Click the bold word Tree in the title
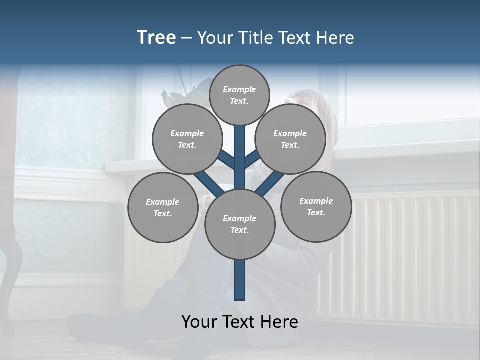click(156, 38)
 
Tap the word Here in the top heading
click(335, 38)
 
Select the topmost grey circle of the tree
click(239, 95)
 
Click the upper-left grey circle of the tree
click(187, 139)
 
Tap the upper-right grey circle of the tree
click(290, 139)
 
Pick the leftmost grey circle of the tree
click(162, 207)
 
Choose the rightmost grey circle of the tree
click(316, 206)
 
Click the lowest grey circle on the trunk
click(240, 224)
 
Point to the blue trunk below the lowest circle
click(240, 280)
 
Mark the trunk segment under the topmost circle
click(240, 150)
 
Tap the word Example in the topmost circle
click(239, 90)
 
